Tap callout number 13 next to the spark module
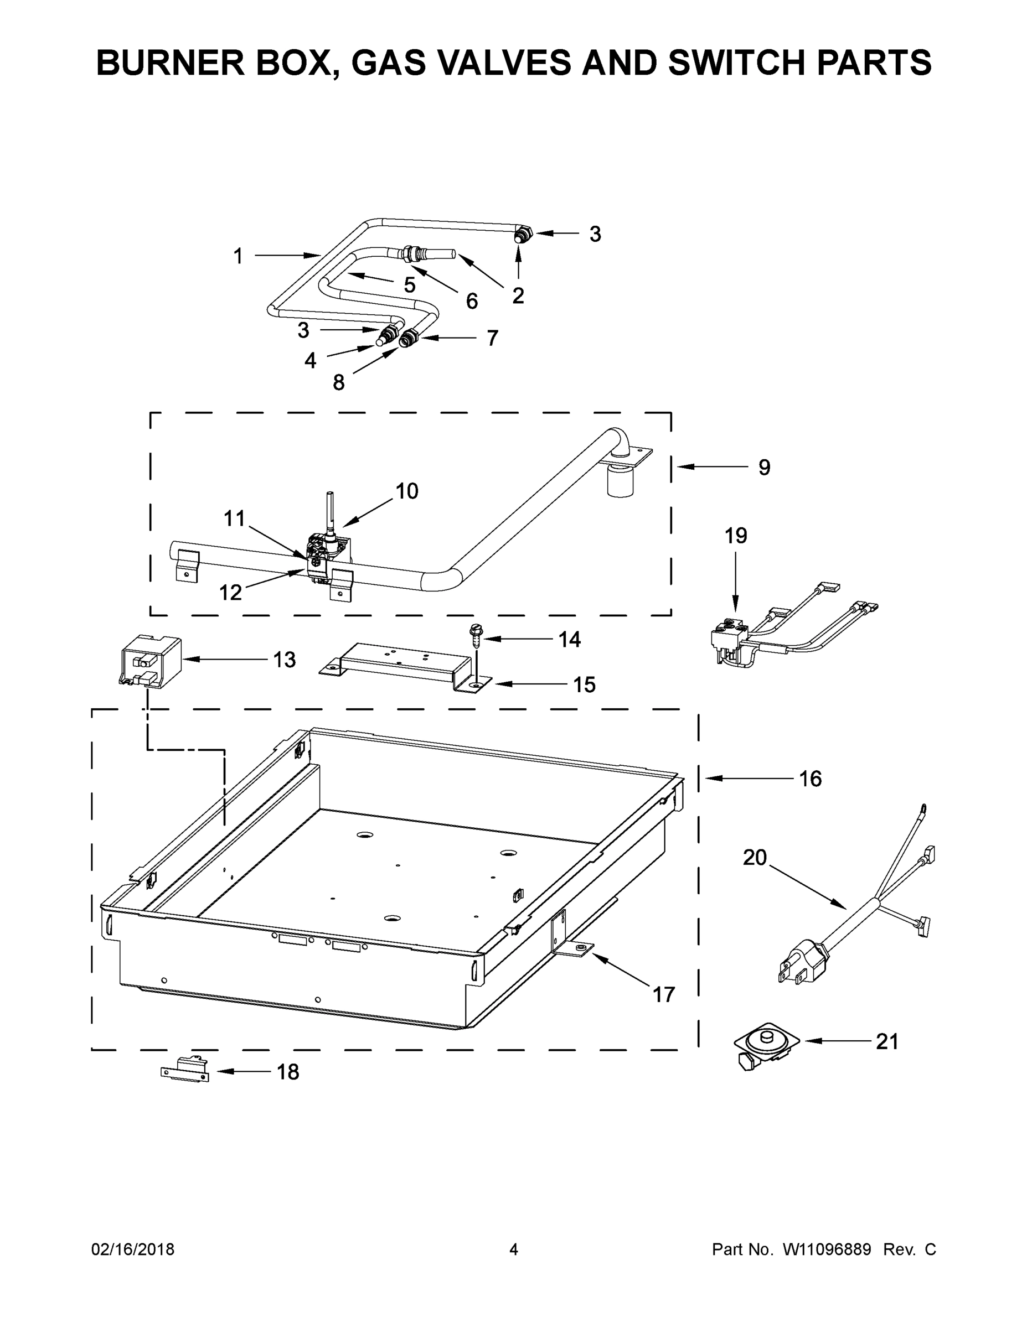(284, 659)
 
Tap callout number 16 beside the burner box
(810, 779)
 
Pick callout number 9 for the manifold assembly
(764, 467)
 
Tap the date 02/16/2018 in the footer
(133, 1250)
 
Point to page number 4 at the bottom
(514, 1250)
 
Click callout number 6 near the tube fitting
(472, 300)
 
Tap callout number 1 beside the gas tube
(239, 256)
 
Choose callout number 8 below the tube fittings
(339, 382)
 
